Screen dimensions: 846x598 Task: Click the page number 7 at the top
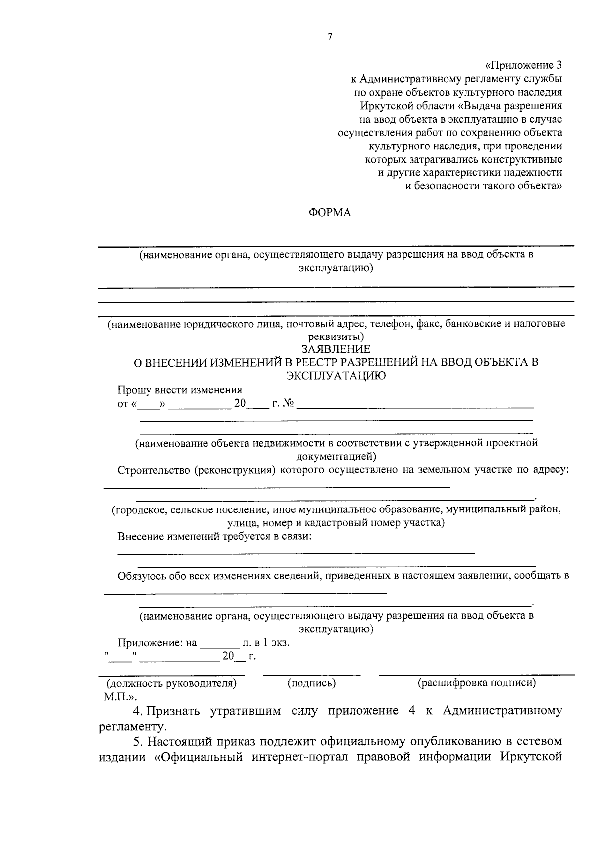330,37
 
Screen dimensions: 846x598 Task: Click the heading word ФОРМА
330,213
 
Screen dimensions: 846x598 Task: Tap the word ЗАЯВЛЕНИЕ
336,349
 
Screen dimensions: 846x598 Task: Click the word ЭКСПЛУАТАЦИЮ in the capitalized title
336,376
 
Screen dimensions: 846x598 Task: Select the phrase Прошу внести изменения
179,390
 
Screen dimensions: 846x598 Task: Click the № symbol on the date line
288,403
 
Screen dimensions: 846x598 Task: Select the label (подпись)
312,683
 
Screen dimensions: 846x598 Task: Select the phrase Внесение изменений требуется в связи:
215,537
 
